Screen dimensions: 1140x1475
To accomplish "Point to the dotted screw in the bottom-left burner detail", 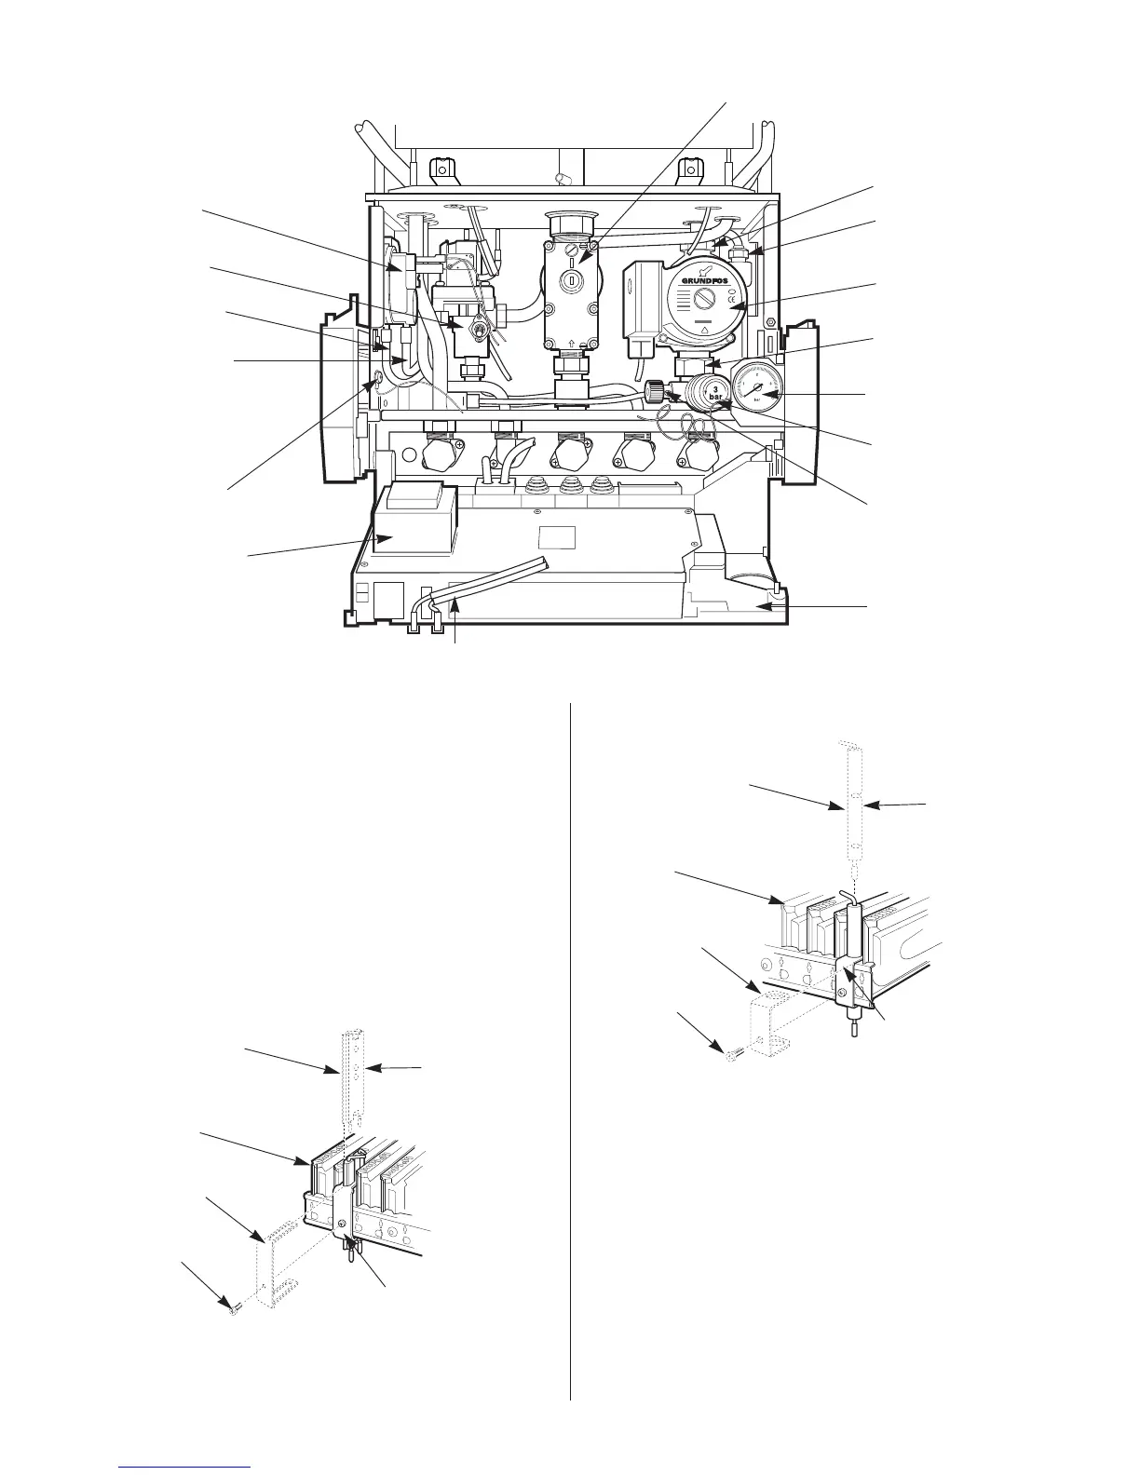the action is tap(232, 1309).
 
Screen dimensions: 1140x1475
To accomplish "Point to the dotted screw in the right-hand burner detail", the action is tap(731, 1057).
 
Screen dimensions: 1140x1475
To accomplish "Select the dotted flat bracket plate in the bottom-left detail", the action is tap(275, 1266).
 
